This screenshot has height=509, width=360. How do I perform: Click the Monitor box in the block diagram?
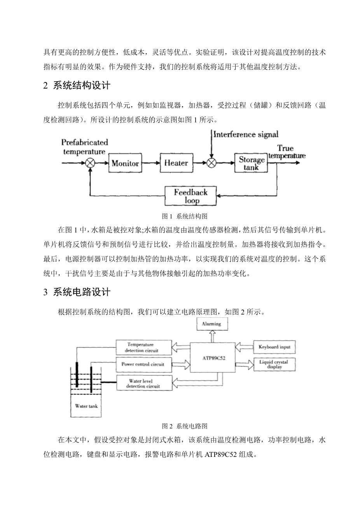click(125, 163)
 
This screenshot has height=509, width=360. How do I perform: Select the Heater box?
click(176, 163)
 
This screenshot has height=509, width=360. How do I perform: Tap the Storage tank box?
click(252, 163)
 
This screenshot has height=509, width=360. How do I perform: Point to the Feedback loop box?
click(190, 196)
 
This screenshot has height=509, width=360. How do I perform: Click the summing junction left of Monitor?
click(90, 163)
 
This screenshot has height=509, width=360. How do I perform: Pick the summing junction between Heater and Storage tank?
click(211, 163)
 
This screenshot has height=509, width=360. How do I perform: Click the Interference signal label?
click(246, 135)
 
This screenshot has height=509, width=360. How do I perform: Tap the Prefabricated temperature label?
click(84, 147)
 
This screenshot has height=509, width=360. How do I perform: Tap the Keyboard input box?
click(274, 346)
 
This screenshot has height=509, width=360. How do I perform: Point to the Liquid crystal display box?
click(274, 364)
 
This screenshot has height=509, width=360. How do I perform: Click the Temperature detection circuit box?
click(143, 347)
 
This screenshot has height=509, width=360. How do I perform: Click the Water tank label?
click(86, 406)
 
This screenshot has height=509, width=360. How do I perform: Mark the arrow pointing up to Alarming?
click(211, 335)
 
